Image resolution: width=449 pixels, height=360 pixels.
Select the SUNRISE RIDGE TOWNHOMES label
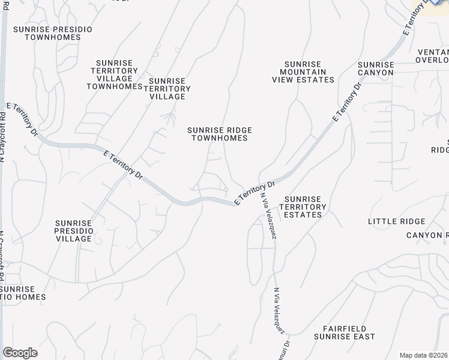coord(219,134)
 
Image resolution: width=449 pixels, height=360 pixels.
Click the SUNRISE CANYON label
coord(376,68)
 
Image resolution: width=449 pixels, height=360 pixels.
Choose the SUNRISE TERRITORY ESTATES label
coord(304,206)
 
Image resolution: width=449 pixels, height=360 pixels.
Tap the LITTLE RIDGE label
coord(396,221)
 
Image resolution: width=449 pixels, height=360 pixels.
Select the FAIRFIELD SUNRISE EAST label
coord(349,333)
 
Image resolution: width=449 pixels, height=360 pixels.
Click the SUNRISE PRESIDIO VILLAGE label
coord(75,230)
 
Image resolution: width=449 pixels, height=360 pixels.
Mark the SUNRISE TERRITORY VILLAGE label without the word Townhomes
coord(169,88)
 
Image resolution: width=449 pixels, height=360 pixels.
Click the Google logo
coord(20,352)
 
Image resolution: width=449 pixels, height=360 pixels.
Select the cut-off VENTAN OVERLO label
coord(432,55)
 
